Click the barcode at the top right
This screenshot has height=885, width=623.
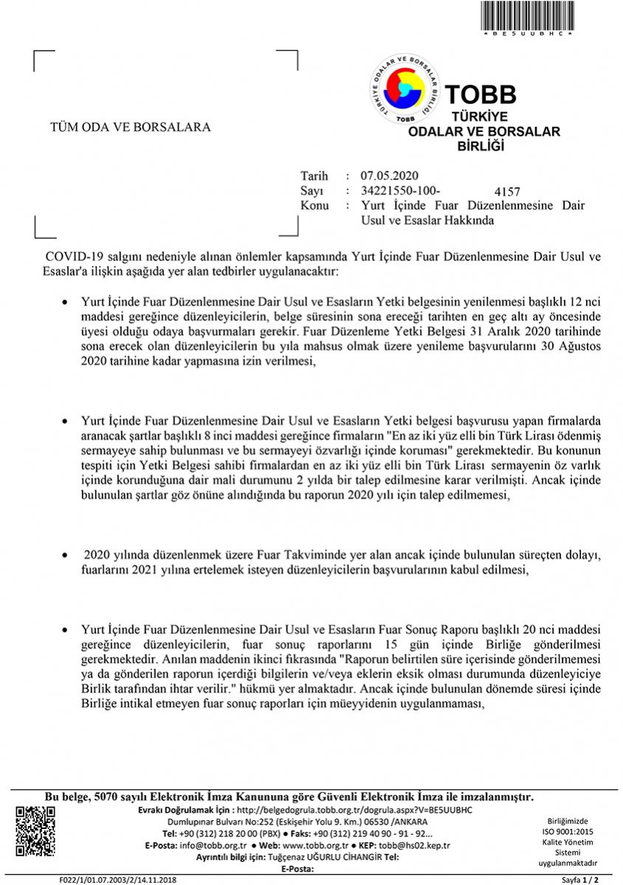coord(527,15)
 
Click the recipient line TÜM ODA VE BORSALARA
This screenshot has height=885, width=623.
coord(130,127)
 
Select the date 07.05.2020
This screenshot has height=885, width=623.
coord(390,176)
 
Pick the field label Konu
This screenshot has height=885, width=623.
coord(314,206)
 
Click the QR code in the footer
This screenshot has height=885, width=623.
coord(35,832)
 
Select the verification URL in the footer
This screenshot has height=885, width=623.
coord(354,810)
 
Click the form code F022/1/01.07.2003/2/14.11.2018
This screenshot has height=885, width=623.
coord(117,880)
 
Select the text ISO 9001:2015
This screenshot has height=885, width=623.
coord(567,830)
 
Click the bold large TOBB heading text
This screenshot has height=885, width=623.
coord(481,94)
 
